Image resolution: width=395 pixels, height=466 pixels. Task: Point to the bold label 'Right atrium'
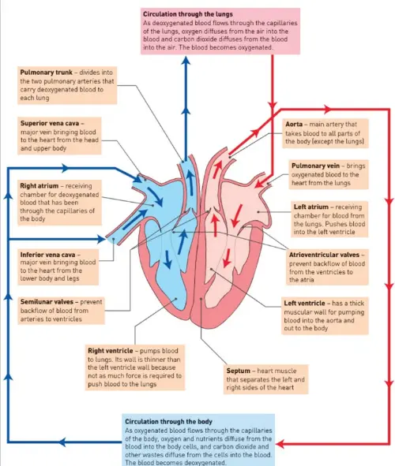click(x=39, y=186)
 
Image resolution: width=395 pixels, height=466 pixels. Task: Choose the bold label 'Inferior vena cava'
click(x=48, y=255)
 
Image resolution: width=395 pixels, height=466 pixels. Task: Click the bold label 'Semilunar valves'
click(x=47, y=301)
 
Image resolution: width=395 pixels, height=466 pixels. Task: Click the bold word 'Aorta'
click(x=296, y=125)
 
